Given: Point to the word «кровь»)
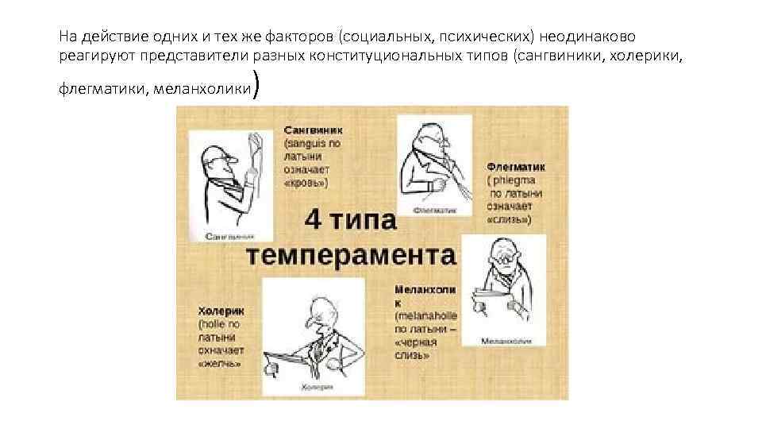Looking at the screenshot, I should [306, 183].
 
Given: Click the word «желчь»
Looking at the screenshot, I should [219, 363].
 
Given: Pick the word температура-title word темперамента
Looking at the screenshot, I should [350, 256].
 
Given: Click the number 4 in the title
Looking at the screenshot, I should [314, 220].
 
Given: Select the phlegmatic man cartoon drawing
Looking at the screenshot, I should [434, 162].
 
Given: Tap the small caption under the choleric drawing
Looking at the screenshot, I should [314, 388].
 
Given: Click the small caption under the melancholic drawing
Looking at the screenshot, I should [502, 340].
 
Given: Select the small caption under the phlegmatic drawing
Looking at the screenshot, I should [435, 211].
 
